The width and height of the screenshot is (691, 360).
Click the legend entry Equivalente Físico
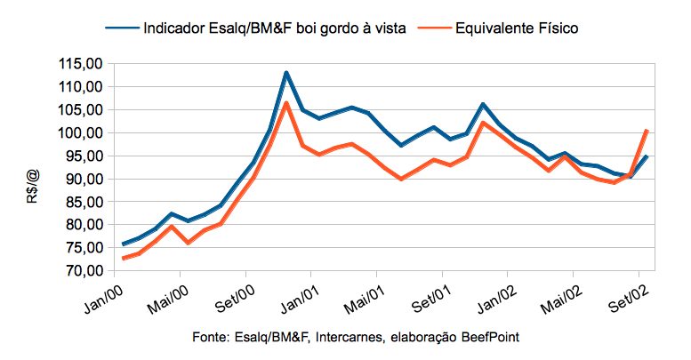tap(517, 28)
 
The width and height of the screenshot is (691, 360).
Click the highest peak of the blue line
tap(286, 73)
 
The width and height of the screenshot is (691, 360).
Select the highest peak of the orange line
tap(286, 103)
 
